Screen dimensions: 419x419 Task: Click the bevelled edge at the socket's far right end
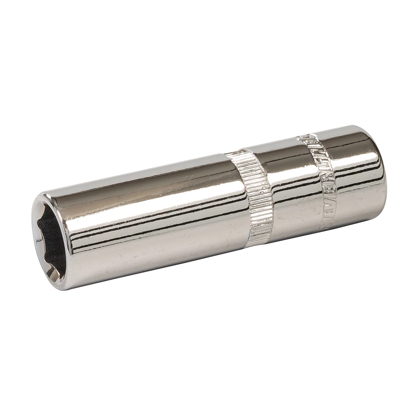click(x=379, y=168)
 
